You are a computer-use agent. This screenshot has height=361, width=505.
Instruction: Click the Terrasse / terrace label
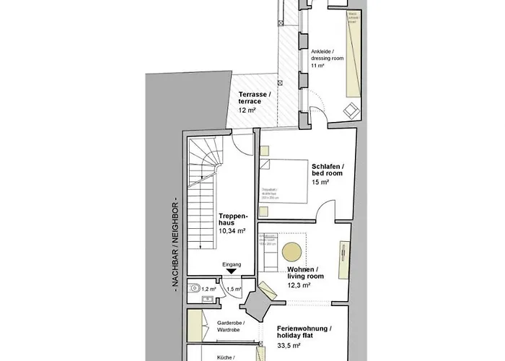pyautogui.click(x=255, y=99)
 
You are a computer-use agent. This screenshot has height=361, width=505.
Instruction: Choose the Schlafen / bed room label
pyautogui.click(x=328, y=169)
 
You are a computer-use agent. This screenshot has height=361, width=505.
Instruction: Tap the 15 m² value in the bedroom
pyautogui.click(x=320, y=183)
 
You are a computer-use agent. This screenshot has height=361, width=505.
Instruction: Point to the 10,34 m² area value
pyautogui.click(x=232, y=231)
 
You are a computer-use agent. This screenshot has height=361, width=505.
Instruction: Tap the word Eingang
pyautogui.click(x=231, y=264)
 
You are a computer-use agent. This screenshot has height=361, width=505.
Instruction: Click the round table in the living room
pyautogui.click(x=291, y=251)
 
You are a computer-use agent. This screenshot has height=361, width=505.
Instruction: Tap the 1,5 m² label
pyautogui.click(x=234, y=289)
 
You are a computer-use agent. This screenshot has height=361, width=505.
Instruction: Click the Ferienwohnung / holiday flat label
pyautogui.click(x=304, y=332)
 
